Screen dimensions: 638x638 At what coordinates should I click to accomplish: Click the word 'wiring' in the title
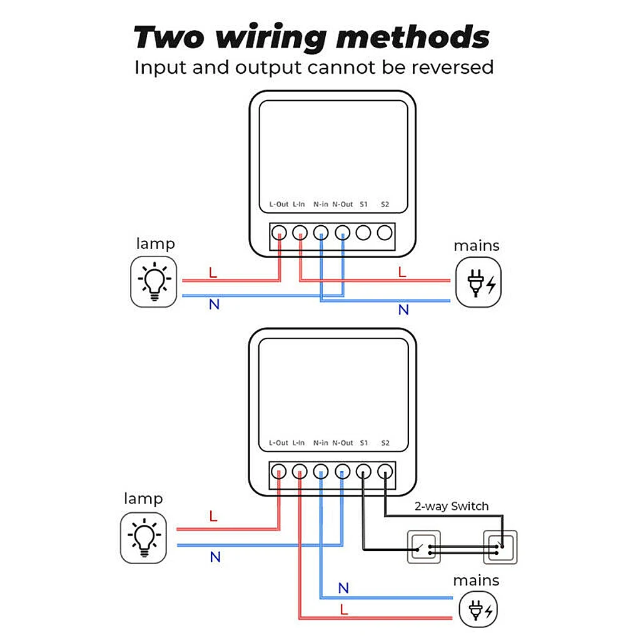(x=270, y=38)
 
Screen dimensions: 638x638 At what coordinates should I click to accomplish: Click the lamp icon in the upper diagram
(x=154, y=283)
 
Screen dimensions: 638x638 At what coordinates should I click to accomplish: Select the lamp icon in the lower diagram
(x=144, y=536)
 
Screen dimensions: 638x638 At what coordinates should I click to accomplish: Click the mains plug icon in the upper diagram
(x=478, y=283)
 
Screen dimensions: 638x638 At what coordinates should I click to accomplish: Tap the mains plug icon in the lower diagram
(x=480, y=610)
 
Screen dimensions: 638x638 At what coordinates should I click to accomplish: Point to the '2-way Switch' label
(x=452, y=506)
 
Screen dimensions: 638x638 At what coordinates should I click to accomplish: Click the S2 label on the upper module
(x=385, y=205)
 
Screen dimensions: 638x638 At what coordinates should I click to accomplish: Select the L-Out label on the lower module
(x=279, y=443)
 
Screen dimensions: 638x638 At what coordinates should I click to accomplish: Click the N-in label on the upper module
(x=321, y=205)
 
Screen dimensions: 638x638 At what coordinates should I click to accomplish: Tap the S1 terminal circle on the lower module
(x=364, y=472)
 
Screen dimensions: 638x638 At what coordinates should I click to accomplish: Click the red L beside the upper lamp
(x=213, y=272)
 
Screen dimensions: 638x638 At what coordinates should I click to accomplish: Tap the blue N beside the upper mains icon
(x=403, y=310)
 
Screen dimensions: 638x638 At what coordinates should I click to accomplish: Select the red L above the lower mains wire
(x=343, y=609)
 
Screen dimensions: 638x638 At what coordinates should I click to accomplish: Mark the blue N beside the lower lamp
(x=215, y=557)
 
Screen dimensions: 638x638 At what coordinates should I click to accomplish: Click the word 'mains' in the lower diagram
(x=476, y=580)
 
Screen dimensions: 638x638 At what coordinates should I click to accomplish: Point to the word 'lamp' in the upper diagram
(x=155, y=243)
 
